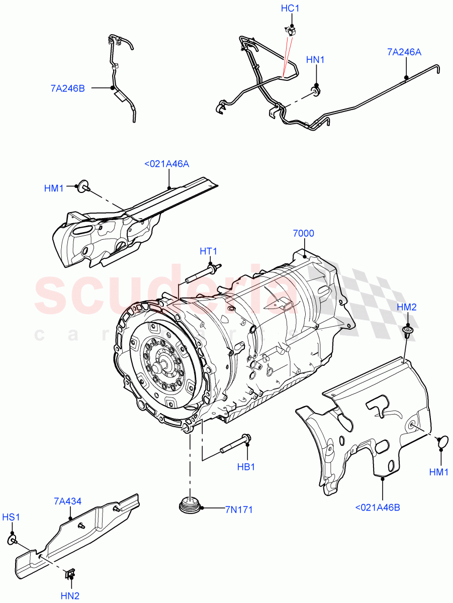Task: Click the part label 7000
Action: tap(303, 233)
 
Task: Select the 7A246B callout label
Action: tap(67, 88)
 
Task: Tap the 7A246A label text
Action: tap(404, 51)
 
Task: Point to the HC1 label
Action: tap(291, 9)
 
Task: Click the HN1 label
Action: tap(316, 60)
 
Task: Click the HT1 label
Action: tap(209, 251)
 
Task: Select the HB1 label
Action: tap(246, 467)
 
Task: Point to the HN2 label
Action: tap(70, 596)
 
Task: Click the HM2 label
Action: tap(406, 307)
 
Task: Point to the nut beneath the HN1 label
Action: tap(316, 90)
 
